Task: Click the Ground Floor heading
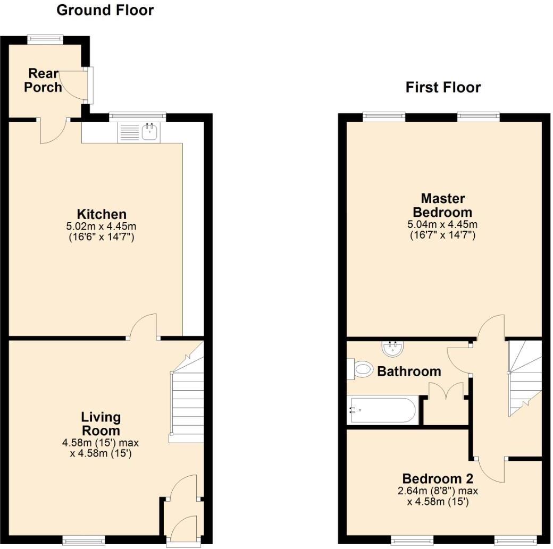(x=105, y=10)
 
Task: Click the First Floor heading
(x=443, y=87)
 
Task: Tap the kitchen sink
(x=148, y=131)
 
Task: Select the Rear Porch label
(x=43, y=80)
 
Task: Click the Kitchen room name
(x=102, y=214)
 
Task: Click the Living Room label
(x=100, y=424)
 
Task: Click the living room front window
(x=83, y=540)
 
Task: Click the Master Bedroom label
(x=442, y=205)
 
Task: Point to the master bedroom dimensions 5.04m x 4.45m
(x=442, y=229)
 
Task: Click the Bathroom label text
(x=409, y=371)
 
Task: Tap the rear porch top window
(x=45, y=38)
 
